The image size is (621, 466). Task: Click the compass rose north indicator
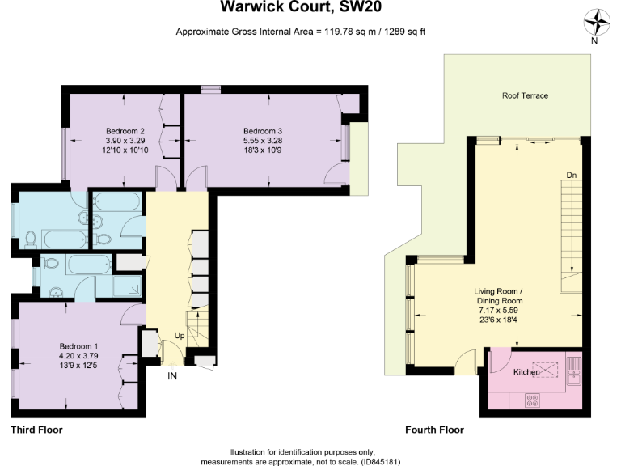[x=594, y=23]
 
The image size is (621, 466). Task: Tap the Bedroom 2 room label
[x=125, y=131]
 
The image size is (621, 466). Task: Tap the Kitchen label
[x=527, y=371]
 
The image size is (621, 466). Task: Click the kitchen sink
[x=574, y=371]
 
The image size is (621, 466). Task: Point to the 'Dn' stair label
[x=571, y=175]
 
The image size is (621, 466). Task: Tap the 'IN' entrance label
[x=172, y=376]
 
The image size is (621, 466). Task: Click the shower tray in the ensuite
[x=125, y=287]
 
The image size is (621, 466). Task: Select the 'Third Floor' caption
[x=36, y=430]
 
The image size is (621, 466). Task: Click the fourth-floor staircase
[x=570, y=235]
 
